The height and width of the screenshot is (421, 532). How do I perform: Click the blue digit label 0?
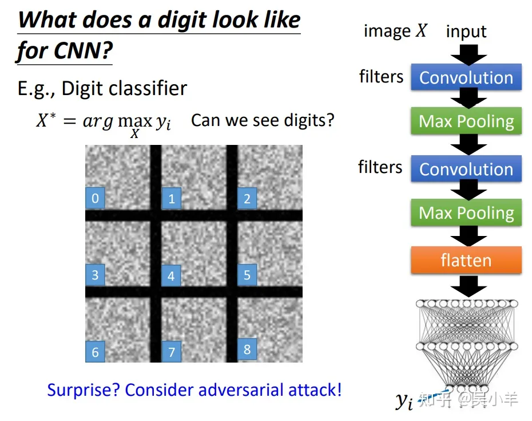click(95, 198)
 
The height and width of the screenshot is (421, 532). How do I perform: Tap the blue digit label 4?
click(171, 276)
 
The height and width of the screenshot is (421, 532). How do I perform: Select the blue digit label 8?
click(247, 349)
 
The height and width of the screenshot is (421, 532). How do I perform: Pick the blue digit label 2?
click(247, 198)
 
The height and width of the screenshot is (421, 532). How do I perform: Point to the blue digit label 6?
click(95, 352)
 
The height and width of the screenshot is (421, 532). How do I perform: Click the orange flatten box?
click(466, 260)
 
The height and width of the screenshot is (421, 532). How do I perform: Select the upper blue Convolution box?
click(466, 77)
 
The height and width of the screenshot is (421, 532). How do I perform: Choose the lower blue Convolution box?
click(466, 169)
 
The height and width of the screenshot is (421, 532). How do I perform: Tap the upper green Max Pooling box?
click(466, 121)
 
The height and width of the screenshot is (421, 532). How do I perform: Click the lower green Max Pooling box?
click(466, 213)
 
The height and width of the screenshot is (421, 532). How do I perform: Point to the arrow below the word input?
click(469, 55)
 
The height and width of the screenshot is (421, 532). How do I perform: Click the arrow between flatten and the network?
click(469, 286)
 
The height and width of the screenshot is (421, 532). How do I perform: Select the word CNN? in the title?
click(83, 50)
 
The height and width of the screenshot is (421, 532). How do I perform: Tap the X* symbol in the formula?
click(46, 120)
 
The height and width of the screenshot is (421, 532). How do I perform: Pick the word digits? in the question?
click(309, 120)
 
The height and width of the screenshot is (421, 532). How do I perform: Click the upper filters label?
click(382, 76)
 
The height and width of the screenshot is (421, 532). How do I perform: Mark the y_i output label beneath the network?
click(404, 401)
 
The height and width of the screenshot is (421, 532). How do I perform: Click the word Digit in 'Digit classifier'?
click(81, 89)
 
